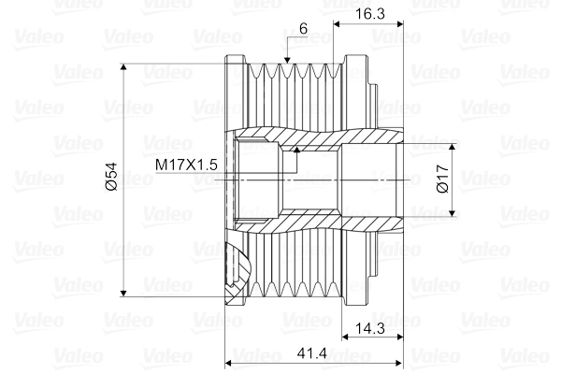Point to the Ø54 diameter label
coord(111,177)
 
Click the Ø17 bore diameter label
coord(443,179)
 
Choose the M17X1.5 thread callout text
coord(186,165)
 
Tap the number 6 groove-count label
coord(303,28)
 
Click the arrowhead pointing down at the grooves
coord(287,60)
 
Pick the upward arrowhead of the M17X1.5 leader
coord(296,150)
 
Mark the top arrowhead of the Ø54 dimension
coord(123,67)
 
